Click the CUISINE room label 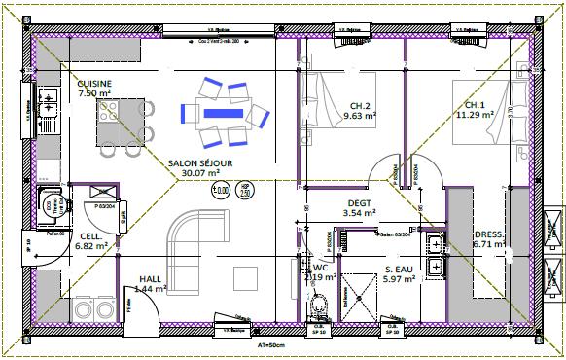coord(94,84)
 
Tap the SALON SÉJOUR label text coord(200,162)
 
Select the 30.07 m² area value coord(200,173)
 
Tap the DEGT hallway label coord(360,202)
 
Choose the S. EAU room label coord(401,270)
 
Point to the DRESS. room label coord(489,234)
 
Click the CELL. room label coord(92,236)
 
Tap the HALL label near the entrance coord(151,277)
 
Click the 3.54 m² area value coord(360,212)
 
